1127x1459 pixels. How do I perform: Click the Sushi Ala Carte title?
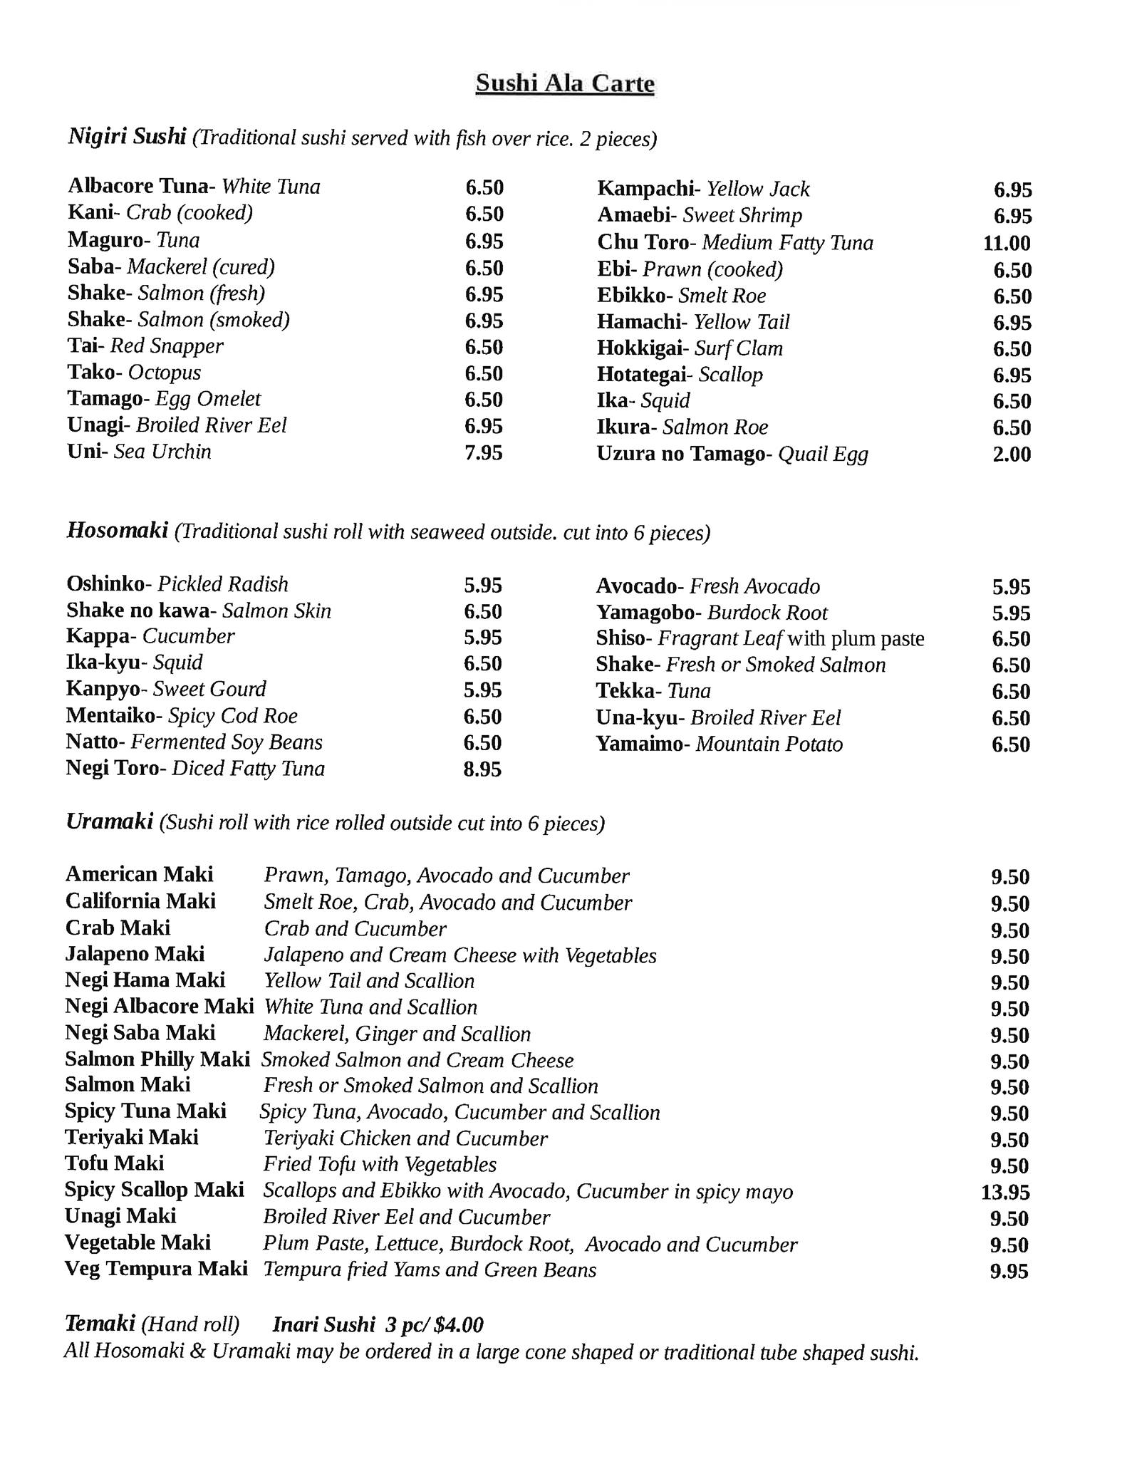click(x=565, y=83)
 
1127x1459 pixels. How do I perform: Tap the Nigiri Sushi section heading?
click(x=127, y=135)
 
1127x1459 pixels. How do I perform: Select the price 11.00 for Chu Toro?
click(x=1007, y=244)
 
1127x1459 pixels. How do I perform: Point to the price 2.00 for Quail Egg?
click(x=1012, y=455)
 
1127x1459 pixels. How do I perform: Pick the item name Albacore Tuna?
click(x=137, y=187)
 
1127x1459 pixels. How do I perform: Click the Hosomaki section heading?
click(x=118, y=531)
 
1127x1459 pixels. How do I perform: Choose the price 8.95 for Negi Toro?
click(x=482, y=769)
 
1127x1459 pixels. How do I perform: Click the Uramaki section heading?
click(x=109, y=822)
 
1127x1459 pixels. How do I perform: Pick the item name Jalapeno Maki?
click(x=135, y=954)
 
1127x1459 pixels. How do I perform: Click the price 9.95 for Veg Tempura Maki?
click(x=1009, y=1272)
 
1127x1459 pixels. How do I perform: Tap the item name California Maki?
click(x=140, y=901)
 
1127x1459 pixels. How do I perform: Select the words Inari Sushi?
click(x=323, y=1325)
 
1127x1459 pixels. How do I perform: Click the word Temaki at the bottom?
click(x=100, y=1324)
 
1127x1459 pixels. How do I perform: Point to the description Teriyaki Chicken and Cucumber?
click(x=405, y=1138)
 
